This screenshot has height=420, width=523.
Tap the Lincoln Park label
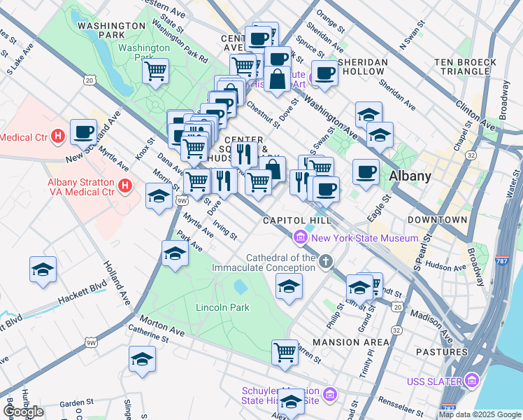tap(222, 307)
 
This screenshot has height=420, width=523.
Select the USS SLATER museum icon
tap(472, 381)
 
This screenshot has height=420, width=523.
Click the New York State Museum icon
tap(301, 238)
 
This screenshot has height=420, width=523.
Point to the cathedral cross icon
tap(325, 262)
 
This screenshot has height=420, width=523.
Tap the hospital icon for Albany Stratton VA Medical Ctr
tap(125, 186)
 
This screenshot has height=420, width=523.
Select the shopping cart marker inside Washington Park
tap(155, 70)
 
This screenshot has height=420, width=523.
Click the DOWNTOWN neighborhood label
tap(437, 220)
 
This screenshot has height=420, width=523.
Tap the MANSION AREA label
tap(351, 342)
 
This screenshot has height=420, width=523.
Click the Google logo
tap(23, 412)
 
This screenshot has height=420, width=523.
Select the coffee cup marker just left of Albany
tap(366, 171)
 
